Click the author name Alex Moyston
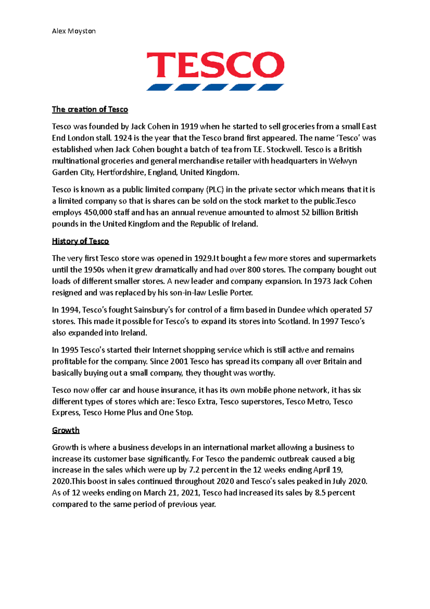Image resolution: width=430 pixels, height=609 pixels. coord(73,31)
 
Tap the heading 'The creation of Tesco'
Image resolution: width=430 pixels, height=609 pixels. coord(90,109)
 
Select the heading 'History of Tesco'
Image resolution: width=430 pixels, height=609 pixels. coord(80,241)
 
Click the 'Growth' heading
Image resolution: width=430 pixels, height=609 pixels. coord(66,430)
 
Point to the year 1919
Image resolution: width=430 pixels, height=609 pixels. coord(189,127)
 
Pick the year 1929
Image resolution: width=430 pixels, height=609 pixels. coord(203,258)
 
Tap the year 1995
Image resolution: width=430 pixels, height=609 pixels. coord(70,350)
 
